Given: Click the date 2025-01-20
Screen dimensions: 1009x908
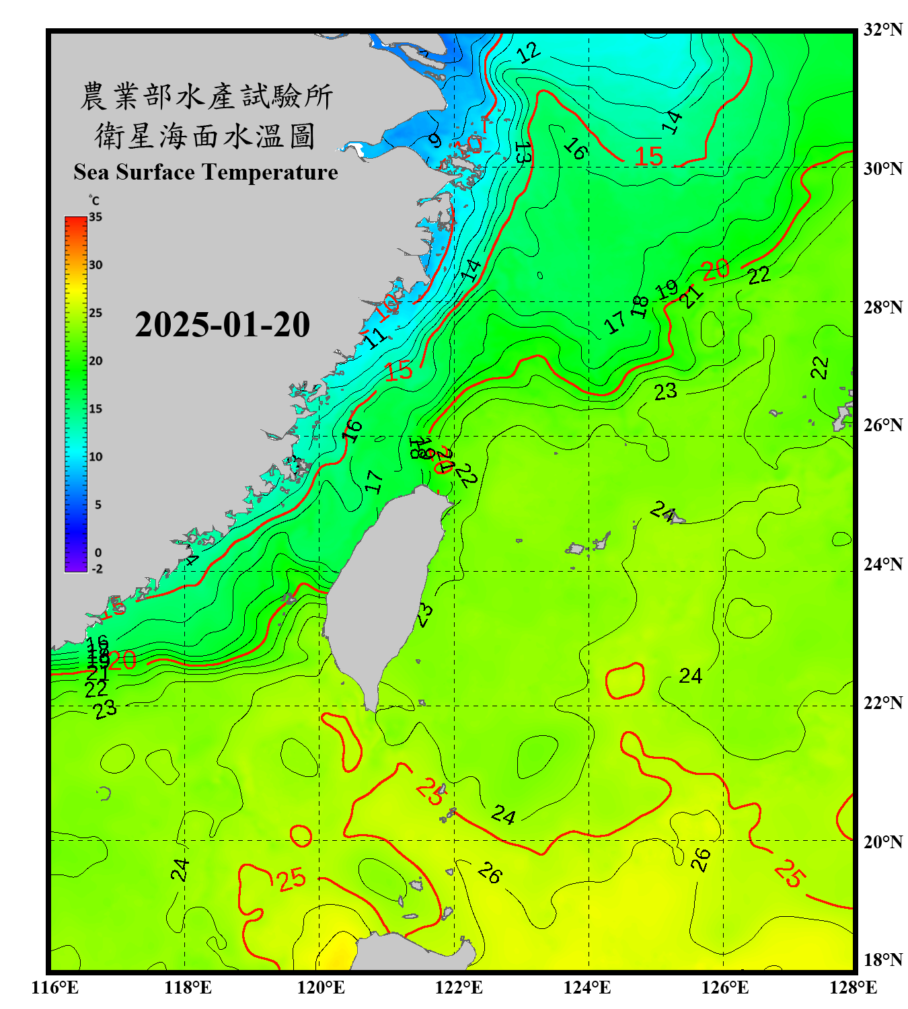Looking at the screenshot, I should coord(222,325).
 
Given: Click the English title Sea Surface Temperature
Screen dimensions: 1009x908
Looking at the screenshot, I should coord(206,172).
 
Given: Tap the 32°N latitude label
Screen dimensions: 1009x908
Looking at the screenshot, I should coord(882,30).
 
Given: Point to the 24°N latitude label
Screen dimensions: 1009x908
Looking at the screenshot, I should coord(882,564).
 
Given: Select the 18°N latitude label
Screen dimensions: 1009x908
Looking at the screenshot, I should coord(882,960).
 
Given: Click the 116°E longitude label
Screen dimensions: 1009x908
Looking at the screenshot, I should coord(55,987).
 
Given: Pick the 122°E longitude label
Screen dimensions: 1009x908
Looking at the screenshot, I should coord(459,987).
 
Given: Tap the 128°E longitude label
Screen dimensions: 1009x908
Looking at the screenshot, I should coord(853,987).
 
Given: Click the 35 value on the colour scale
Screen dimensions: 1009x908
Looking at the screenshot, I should coord(96,217).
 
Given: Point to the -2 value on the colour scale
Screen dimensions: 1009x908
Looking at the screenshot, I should coord(97,569).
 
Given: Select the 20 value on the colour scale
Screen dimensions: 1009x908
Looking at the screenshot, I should coord(96,361).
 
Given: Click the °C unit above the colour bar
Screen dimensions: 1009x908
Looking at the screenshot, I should coord(94,200).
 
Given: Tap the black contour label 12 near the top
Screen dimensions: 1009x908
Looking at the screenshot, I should coord(529,52).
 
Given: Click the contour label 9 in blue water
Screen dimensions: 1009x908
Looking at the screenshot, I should coord(435,141).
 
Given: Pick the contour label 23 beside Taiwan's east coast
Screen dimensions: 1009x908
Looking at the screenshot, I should coord(424,615).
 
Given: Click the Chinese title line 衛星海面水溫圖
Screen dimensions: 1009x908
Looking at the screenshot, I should coord(205,136).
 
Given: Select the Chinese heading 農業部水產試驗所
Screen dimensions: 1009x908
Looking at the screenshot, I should coord(206,96).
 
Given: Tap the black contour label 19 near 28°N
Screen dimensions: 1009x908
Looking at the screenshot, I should coord(667,290).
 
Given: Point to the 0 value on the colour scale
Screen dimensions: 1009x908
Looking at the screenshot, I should coord(98,553).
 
